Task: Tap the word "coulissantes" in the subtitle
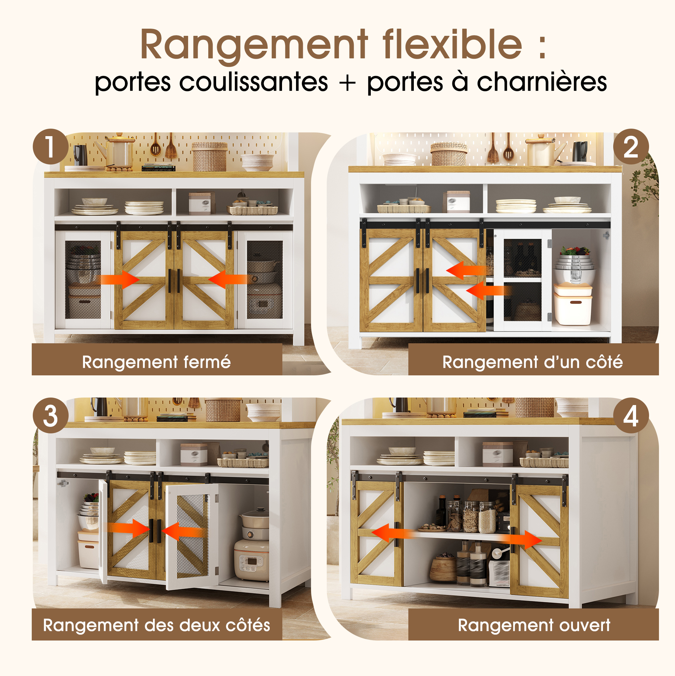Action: (x=253, y=83)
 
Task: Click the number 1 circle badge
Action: (x=51, y=147)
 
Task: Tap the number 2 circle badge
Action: (x=631, y=147)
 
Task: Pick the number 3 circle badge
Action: (x=51, y=416)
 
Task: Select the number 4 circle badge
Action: (x=631, y=416)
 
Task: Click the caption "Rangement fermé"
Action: (x=156, y=362)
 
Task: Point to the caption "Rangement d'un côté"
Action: (x=533, y=362)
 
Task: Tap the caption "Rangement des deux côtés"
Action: (x=156, y=625)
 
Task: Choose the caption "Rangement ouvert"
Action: (x=534, y=625)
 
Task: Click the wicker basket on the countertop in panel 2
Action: (x=449, y=154)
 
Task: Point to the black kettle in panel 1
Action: (x=81, y=155)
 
